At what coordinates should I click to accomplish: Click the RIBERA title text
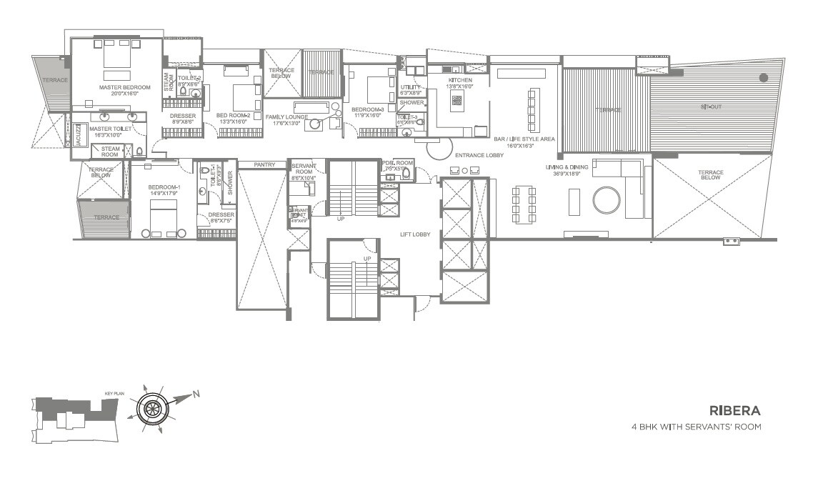click(x=734, y=411)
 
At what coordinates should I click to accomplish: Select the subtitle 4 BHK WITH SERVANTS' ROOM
click(x=696, y=427)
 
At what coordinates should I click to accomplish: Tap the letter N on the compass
click(x=196, y=394)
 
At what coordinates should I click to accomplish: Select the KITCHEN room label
click(x=459, y=80)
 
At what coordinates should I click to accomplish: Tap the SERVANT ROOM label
click(x=304, y=169)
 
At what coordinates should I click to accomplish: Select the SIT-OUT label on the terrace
click(x=710, y=106)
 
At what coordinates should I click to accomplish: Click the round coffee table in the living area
click(x=607, y=200)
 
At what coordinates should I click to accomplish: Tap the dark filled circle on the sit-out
click(x=764, y=77)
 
